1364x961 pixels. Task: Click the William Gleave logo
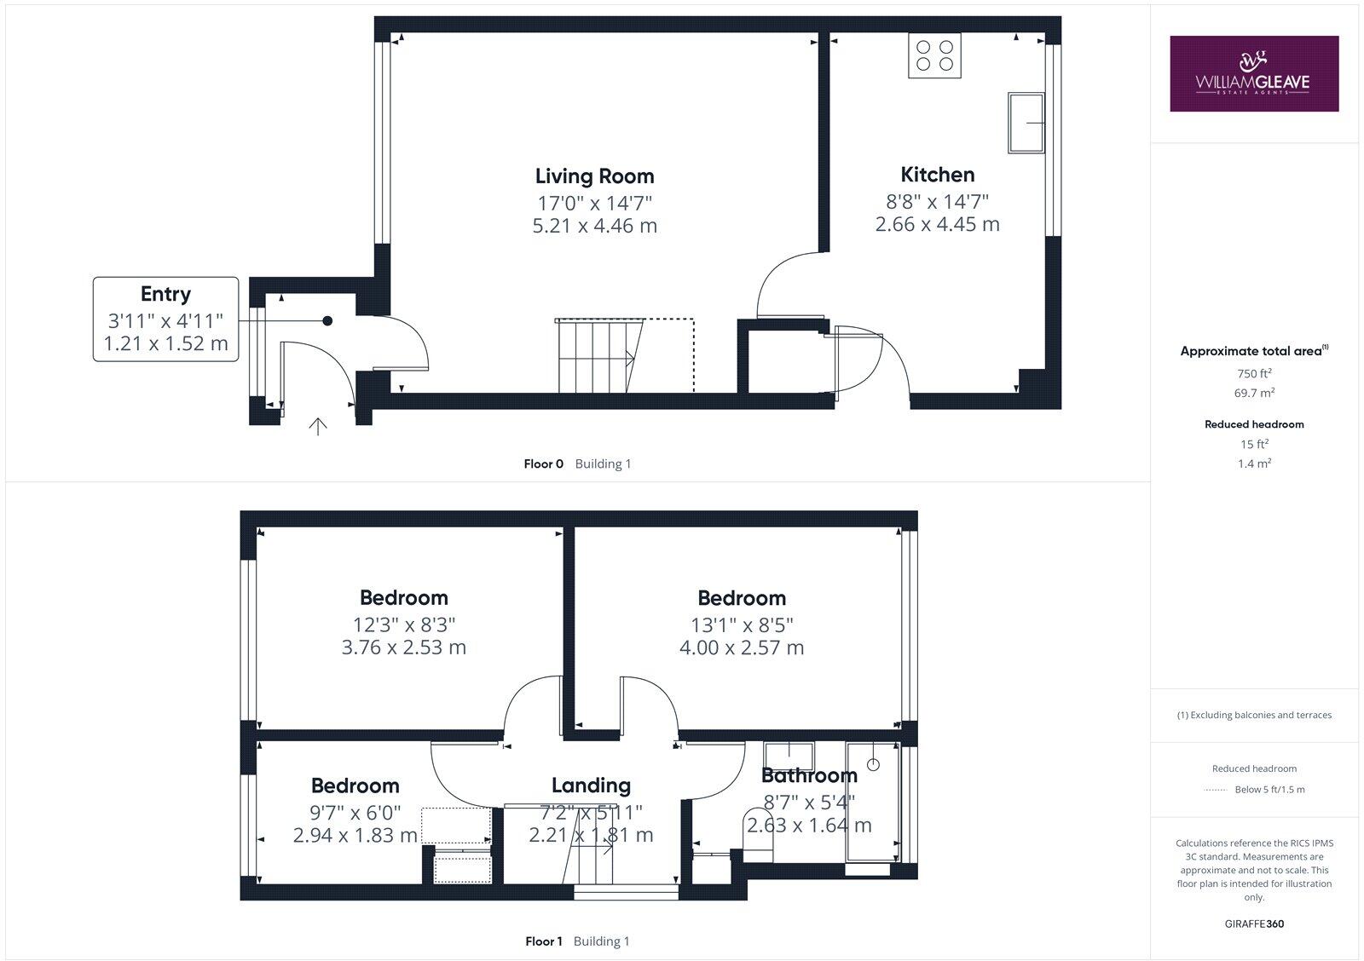[1253, 73]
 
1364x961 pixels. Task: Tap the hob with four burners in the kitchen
[934, 55]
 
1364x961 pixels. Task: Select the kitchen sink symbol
[1026, 123]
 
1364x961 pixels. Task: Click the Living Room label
[594, 176]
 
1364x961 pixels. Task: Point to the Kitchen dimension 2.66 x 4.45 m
[937, 224]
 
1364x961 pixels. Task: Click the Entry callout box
[165, 319]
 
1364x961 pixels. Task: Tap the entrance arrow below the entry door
[317, 427]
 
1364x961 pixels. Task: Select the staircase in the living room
[597, 356]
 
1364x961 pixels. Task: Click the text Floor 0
[543, 464]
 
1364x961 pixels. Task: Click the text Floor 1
[543, 941]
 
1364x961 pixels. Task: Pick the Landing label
[591, 785]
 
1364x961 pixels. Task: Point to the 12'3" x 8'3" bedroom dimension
[403, 624]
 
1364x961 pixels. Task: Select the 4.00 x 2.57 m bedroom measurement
[741, 647]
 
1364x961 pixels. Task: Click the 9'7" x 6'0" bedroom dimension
[355, 813]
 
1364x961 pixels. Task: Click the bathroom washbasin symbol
[789, 753]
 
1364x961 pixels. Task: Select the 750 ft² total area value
[1253, 373]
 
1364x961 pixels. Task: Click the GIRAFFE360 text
[1253, 924]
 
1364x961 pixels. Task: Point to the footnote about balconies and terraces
[1253, 715]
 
